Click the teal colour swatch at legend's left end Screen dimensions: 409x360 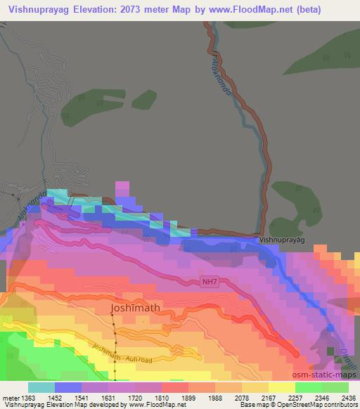point(41,387)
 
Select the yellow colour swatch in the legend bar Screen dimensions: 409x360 point(281,387)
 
